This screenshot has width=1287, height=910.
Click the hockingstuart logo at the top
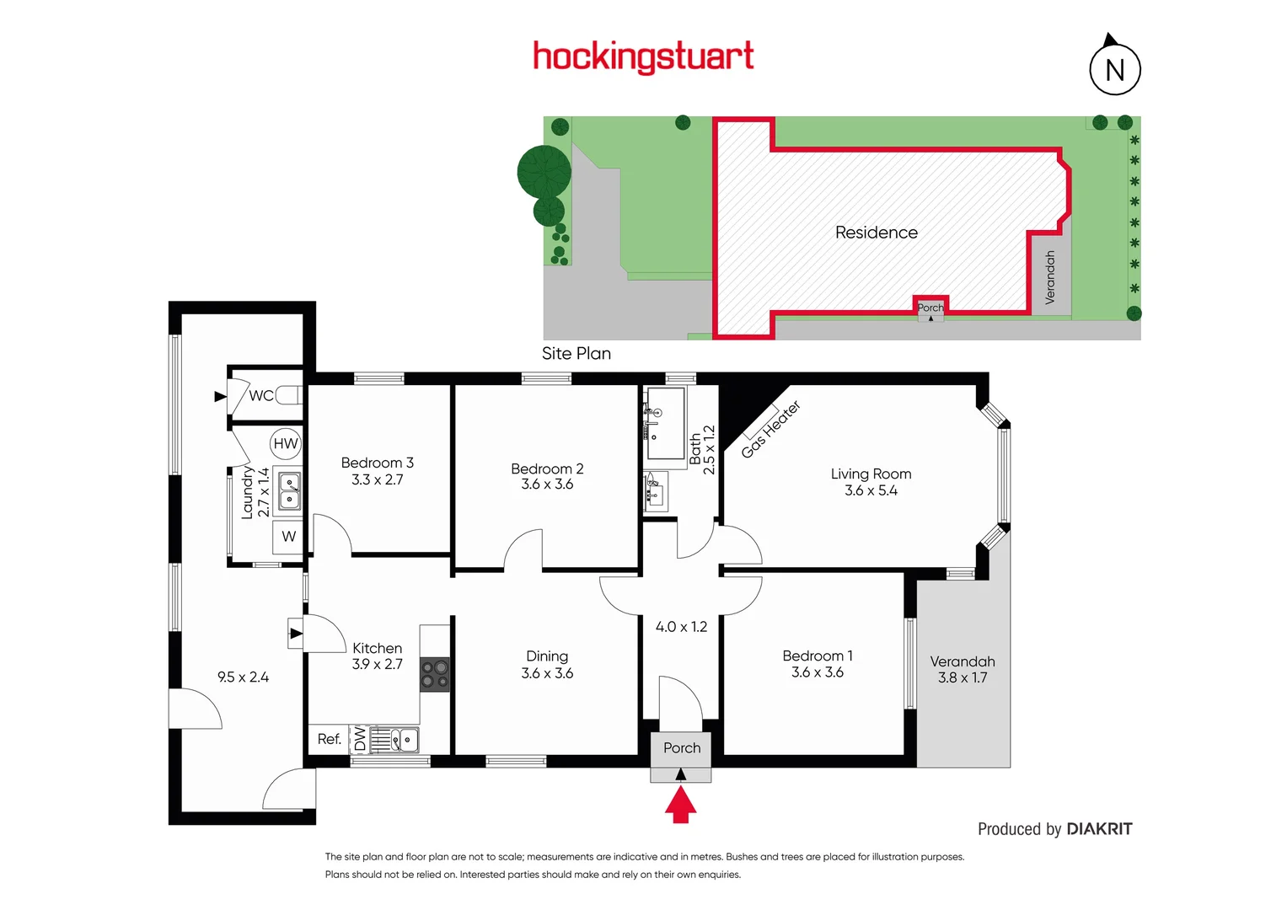click(x=643, y=56)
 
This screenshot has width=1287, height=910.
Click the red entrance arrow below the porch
click(x=680, y=804)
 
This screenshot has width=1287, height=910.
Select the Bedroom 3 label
click(x=377, y=463)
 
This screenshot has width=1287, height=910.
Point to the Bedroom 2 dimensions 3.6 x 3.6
click(x=547, y=484)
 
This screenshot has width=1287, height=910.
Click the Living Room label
click(x=871, y=474)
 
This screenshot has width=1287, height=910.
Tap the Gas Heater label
click(x=770, y=430)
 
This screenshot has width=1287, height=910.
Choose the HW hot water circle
click(x=286, y=443)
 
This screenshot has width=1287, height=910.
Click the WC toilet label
click(x=260, y=395)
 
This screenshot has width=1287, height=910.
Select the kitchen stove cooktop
click(x=435, y=675)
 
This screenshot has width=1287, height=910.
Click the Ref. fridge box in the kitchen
click(x=329, y=739)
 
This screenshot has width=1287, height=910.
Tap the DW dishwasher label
click(x=360, y=739)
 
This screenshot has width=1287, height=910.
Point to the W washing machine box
click(x=288, y=536)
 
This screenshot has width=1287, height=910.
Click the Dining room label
click(x=547, y=656)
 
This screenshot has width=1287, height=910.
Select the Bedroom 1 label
click(x=817, y=656)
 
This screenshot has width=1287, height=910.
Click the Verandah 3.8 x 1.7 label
click(x=962, y=669)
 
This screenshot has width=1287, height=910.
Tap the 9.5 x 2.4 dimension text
click(x=243, y=677)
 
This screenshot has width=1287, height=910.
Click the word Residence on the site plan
click(x=876, y=233)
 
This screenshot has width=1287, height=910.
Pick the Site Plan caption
click(x=576, y=353)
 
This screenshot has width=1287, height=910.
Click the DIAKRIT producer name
click(x=1099, y=829)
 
